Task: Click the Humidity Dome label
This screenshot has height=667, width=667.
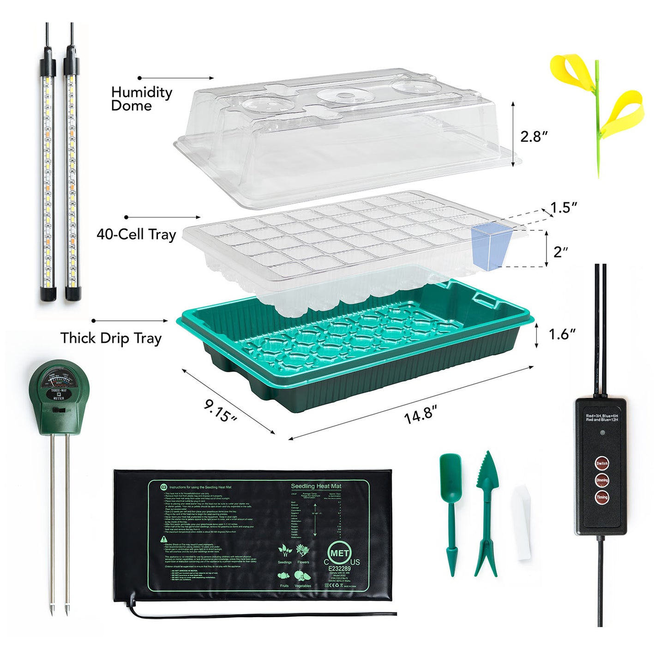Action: coord(141,99)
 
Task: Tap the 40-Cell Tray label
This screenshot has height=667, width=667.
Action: coord(136,234)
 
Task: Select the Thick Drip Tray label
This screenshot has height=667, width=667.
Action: coord(111,338)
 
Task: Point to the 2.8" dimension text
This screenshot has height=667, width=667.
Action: coord(534,137)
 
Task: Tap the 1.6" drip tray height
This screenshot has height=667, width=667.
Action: coord(562,335)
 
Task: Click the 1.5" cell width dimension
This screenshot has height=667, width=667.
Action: coord(564,208)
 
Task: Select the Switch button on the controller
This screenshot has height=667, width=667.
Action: coord(602,463)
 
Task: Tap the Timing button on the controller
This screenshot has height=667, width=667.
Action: coord(602,498)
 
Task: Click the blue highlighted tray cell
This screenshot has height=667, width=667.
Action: coord(491,245)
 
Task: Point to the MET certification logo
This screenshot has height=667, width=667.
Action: coord(340,553)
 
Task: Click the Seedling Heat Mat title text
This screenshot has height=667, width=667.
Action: coord(316,486)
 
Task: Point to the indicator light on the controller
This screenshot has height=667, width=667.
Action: coord(602,433)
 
